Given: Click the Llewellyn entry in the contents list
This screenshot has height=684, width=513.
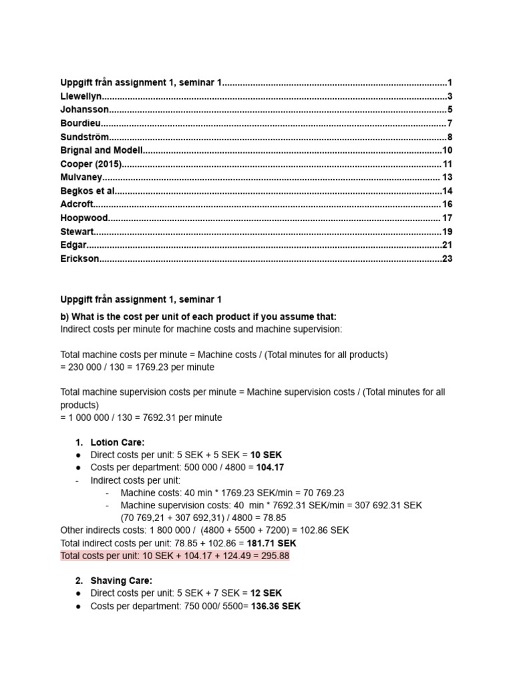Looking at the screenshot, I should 81,96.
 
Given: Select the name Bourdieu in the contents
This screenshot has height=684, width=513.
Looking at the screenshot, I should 81,123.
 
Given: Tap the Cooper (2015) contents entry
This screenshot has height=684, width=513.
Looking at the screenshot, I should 91,164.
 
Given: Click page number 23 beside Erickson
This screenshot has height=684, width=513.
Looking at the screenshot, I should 448,259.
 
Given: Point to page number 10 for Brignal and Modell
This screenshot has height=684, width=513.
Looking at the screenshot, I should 448,150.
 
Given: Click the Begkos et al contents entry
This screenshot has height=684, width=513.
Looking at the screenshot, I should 88,191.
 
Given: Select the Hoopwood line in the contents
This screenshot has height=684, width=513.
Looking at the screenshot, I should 83,218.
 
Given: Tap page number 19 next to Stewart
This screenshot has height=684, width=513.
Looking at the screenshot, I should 448,232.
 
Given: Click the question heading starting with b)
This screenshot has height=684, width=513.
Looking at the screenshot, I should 198,317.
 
